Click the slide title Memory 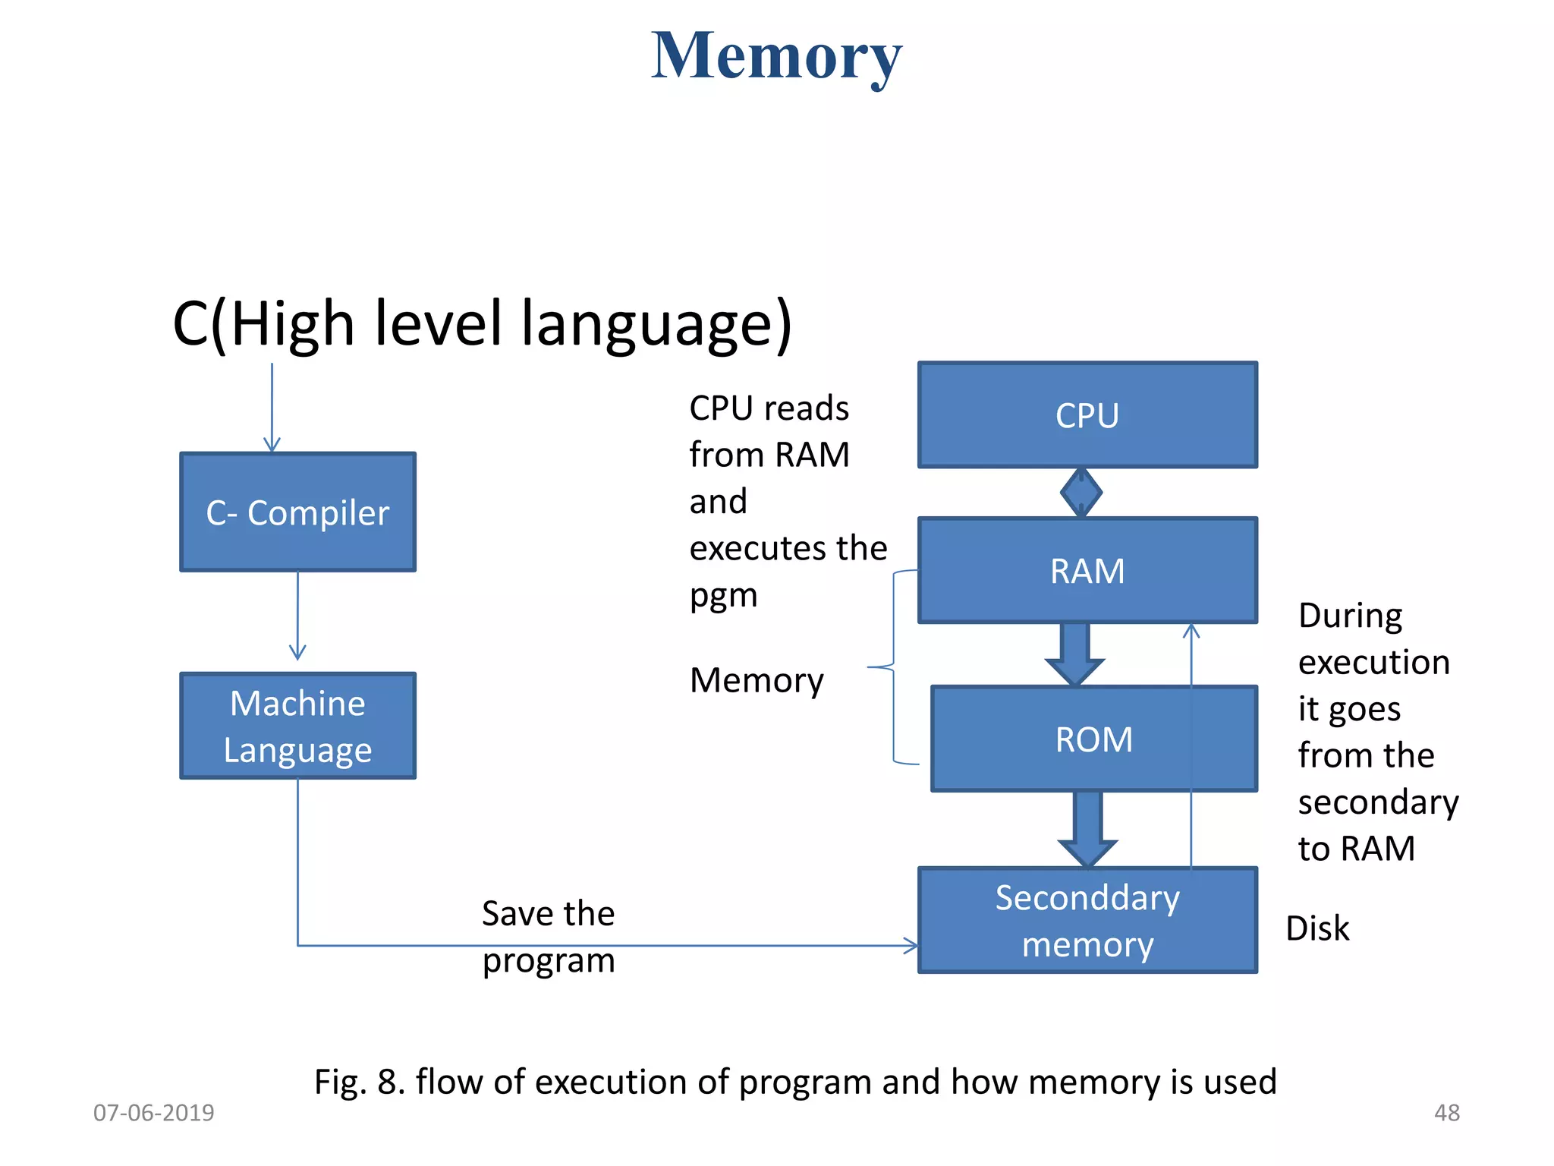(x=776, y=57)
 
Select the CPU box (x=1087, y=414)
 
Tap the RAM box (x=1087, y=570)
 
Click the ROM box (x=1093, y=739)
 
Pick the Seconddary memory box (x=1087, y=920)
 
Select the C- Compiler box (x=297, y=512)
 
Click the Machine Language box (x=297, y=726)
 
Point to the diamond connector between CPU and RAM (x=1081, y=493)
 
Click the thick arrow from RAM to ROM (x=1074, y=654)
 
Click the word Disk (x=1317, y=928)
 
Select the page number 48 (x=1446, y=1113)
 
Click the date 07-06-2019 (x=153, y=1113)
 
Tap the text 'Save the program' (x=548, y=937)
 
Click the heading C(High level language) (x=482, y=323)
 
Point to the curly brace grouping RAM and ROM (x=893, y=667)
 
